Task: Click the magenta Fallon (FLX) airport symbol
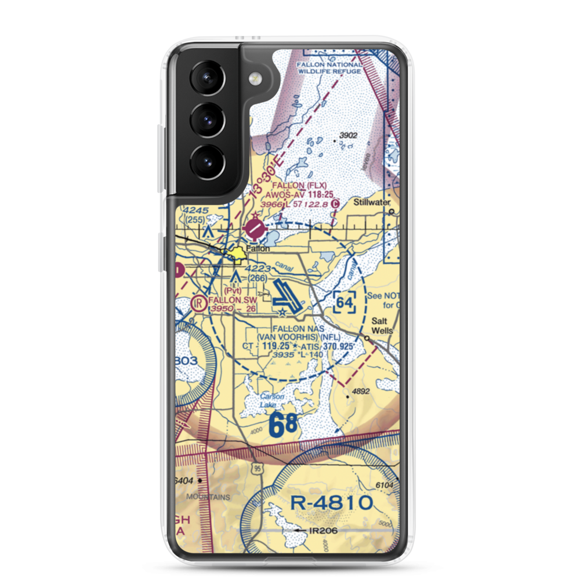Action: click(x=254, y=230)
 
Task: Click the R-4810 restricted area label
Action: click(x=331, y=502)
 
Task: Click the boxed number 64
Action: click(x=345, y=302)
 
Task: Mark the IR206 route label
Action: click(x=324, y=530)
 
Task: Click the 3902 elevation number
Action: click(x=349, y=135)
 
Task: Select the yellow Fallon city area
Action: click(x=238, y=253)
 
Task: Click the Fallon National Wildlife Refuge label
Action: click(x=329, y=68)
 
